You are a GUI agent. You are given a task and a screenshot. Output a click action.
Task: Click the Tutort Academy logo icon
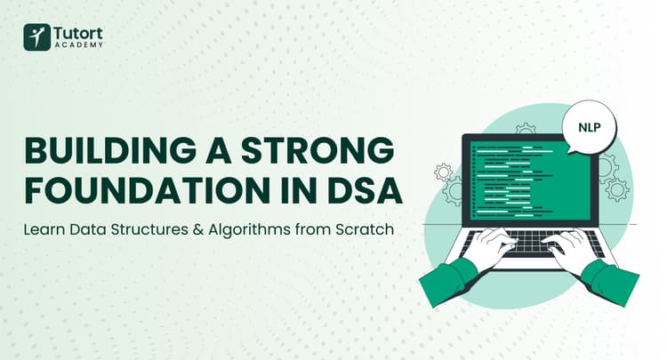pyautogui.click(x=36, y=36)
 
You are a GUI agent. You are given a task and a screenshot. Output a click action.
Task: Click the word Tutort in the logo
pyautogui.click(x=78, y=31)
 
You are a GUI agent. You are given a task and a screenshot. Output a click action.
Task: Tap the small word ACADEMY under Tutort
pyautogui.click(x=78, y=45)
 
